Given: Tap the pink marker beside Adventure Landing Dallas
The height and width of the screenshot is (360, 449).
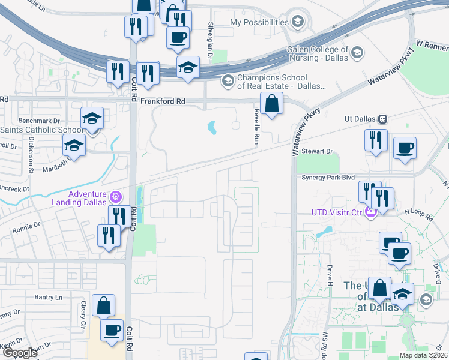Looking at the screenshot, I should click(x=115, y=196).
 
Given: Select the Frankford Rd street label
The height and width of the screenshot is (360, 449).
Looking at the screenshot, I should click(x=162, y=101).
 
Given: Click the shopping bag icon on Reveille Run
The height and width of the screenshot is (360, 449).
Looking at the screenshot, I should click(x=271, y=104).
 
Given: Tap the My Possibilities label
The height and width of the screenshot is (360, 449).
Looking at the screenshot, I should click(x=259, y=22).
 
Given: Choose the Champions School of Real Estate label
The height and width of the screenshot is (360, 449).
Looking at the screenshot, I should click(x=273, y=82).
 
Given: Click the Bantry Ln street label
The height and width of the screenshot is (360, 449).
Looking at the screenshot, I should click(x=48, y=297).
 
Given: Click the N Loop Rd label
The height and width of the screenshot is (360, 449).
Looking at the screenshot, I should click(x=418, y=212).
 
